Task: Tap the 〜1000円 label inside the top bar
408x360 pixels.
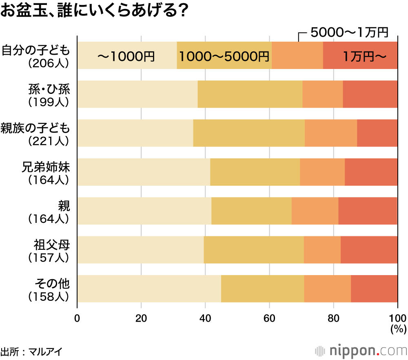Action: click(126, 56)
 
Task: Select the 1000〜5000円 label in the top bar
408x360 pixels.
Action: click(224, 56)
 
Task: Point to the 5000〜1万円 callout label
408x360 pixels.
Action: click(349, 32)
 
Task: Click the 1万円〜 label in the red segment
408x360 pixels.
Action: click(364, 56)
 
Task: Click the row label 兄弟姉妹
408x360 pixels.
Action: click(46, 167)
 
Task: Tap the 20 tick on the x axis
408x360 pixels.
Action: click(141, 318)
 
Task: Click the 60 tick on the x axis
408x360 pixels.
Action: click(269, 318)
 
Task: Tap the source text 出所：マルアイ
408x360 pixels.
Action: click(31, 351)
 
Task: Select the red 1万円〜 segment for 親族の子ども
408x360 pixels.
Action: click(377, 133)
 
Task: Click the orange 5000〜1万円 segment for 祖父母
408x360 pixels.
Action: click(322, 250)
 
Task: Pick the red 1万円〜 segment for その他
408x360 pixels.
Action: click(374, 289)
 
